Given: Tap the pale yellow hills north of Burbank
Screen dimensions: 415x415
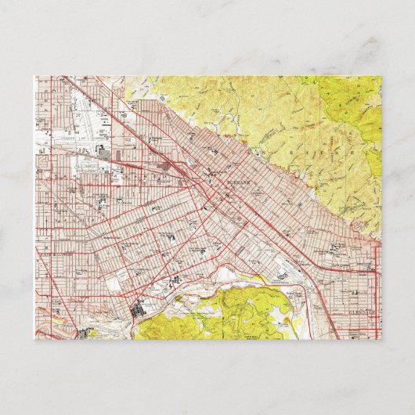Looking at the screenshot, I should pos(235,110).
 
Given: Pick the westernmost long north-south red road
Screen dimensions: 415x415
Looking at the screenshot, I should pos(39,204).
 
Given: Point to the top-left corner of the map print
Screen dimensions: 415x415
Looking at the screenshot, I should pos(34,76).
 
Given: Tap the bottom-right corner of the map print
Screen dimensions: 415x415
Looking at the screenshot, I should pos(381,340).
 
